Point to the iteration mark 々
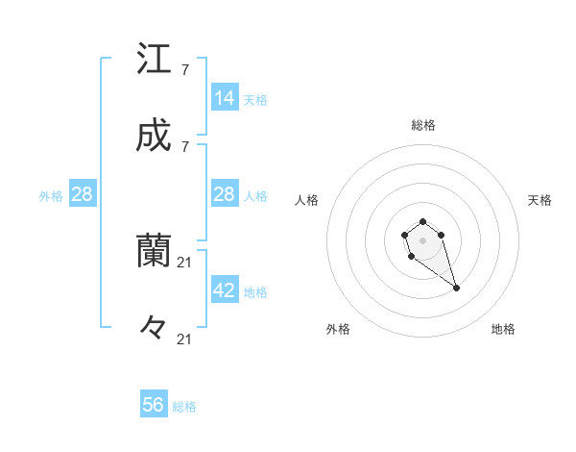(x=154, y=328)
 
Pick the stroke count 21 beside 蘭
(x=185, y=263)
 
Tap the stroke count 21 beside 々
(x=185, y=339)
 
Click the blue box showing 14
(x=225, y=98)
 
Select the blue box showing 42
(x=225, y=290)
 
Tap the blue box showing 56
(x=154, y=405)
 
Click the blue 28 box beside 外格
(x=83, y=194)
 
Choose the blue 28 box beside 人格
(x=225, y=194)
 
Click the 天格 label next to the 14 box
(x=255, y=100)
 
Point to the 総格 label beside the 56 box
(x=184, y=407)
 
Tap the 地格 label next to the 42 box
(x=255, y=292)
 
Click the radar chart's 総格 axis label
(x=422, y=125)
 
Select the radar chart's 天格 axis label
(x=540, y=200)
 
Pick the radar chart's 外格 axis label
(x=338, y=329)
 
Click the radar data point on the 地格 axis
(x=456, y=288)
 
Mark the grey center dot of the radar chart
(x=422, y=239)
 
